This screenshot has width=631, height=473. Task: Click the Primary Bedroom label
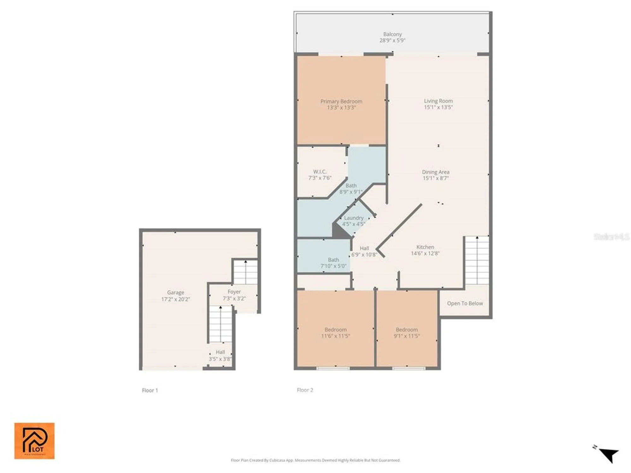click(341, 102)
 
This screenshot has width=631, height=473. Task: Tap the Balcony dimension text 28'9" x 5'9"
click(392, 40)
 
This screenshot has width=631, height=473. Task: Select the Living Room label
click(438, 101)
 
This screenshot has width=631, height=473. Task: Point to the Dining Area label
click(435, 172)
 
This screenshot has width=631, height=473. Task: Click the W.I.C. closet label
click(320, 172)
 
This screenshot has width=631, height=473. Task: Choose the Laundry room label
click(353, 218)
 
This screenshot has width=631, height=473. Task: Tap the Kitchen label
click(425, 247)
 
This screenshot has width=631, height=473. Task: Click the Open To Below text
click(465, 303)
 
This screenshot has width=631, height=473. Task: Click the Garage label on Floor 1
click(175, 293)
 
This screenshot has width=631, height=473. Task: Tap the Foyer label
click(234, 292)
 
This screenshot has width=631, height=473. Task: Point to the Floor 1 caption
click(150, 390)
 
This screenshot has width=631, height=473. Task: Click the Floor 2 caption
click(305, 390)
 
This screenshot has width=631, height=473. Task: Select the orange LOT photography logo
click(34, 441)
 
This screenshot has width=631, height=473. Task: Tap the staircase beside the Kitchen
click(477, 260)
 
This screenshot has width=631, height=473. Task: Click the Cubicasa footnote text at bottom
click(315, 460)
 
